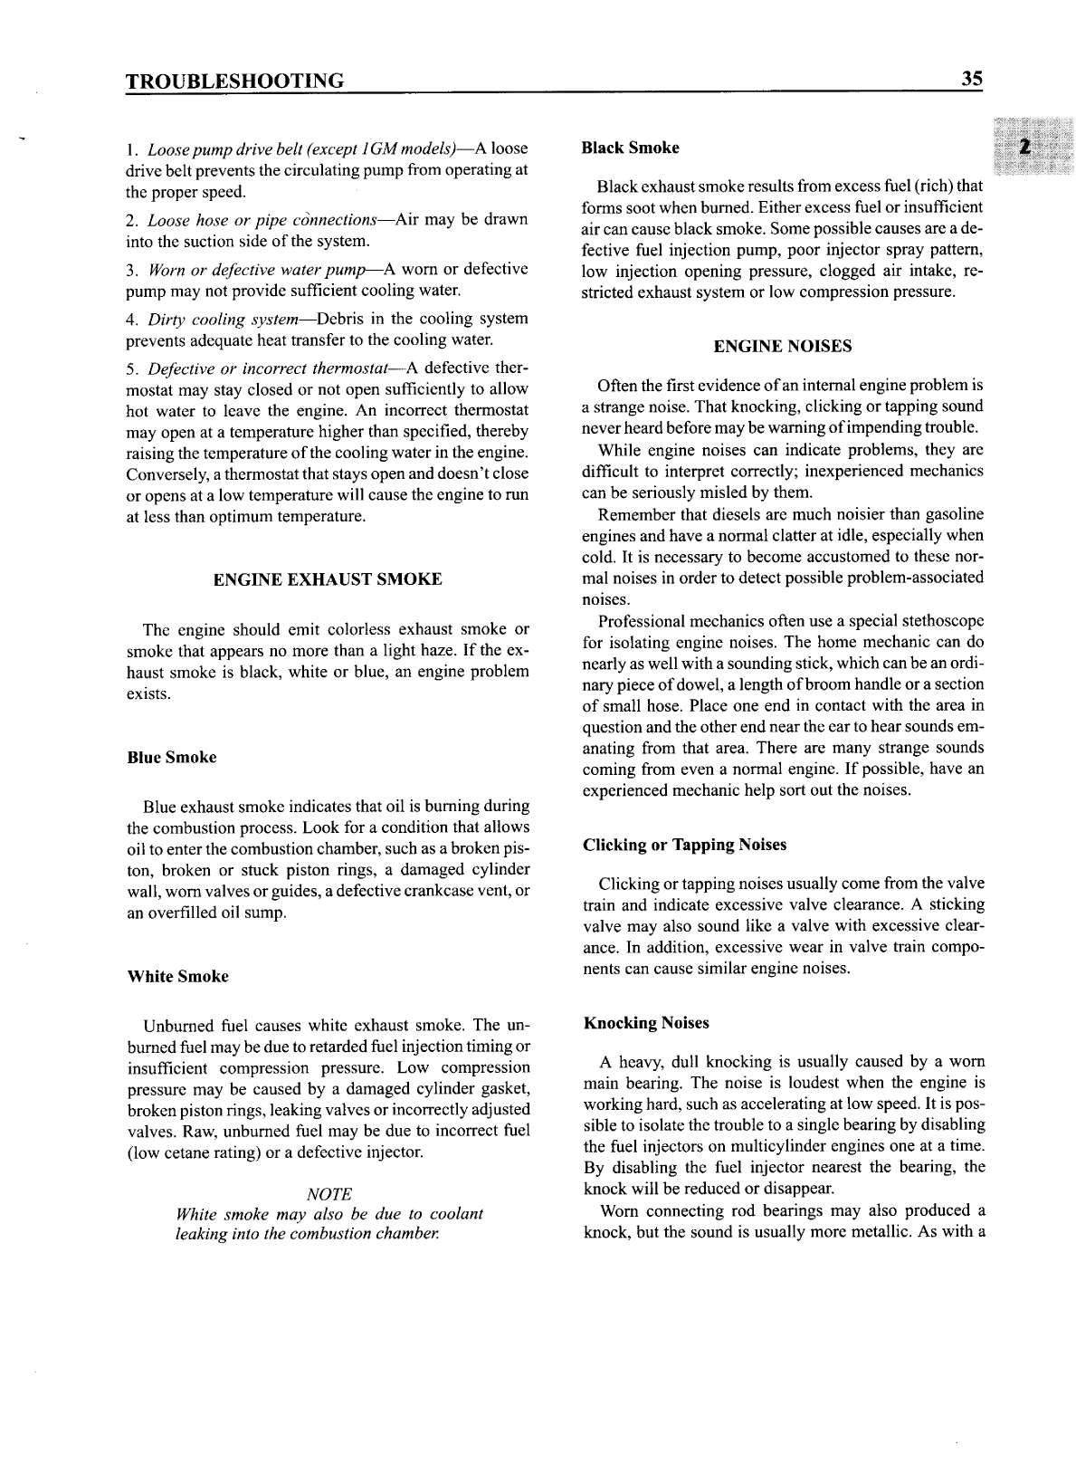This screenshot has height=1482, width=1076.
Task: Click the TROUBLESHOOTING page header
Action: click(234, 81)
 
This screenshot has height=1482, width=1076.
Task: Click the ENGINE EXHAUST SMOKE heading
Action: click(327, 579)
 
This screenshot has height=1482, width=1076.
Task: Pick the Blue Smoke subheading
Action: click(172, 758)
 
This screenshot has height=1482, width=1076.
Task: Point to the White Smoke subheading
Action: click(177, 977)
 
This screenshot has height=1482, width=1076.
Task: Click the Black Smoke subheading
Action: click(631, 148)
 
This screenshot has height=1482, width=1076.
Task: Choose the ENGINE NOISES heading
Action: click(782, 347)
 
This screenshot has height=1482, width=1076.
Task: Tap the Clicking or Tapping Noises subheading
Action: click(685, 845)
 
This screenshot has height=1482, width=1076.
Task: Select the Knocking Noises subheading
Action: click(646, 1023)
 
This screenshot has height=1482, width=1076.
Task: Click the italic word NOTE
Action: click(329, 1194)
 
